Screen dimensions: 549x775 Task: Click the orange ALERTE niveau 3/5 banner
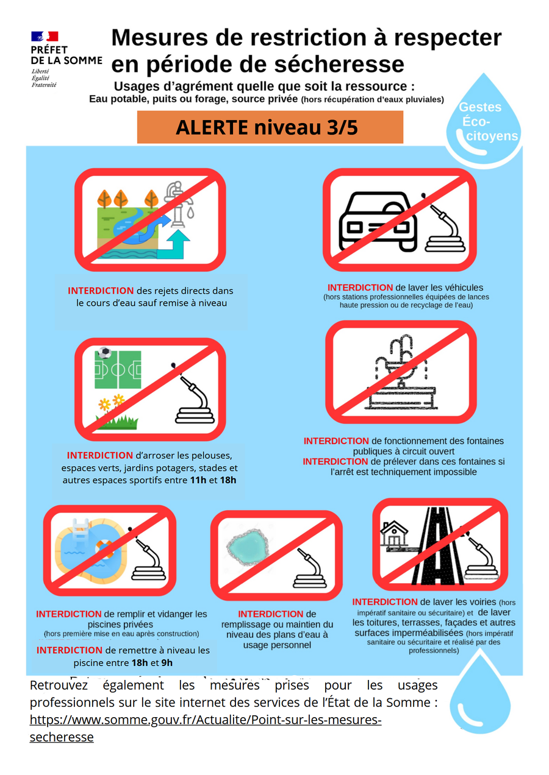pos(270,127)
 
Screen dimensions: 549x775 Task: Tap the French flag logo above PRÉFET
pos(45,37)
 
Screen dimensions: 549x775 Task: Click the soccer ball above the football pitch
pos(104,353)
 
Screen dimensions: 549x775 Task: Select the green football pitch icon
pos(118,370)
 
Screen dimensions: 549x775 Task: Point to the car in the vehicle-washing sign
pos(378,222)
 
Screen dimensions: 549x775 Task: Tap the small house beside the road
pos(394,534)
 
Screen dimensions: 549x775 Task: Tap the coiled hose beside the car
pos(445,228)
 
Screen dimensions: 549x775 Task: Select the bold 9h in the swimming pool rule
pos(167,663)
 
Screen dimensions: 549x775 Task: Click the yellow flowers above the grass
pos(112,402)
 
